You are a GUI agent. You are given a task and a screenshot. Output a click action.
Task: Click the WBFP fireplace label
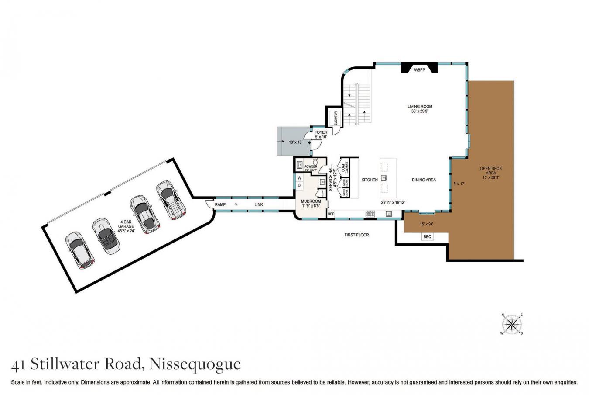(x=419, y=70)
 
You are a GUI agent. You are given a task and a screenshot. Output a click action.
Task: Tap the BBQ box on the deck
(x=427, y=236)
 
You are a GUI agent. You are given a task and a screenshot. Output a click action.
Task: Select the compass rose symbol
(x=512, y=324)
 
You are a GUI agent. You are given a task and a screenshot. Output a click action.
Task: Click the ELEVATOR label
(x=336, y=118)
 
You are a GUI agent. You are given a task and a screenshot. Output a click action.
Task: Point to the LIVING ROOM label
(x=420, y=107)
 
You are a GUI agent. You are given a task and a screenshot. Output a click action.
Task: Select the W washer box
(x=299, y=178)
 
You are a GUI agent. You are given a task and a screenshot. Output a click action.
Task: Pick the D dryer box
(x=299, y=186)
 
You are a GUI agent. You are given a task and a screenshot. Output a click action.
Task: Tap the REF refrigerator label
(x=331, y=214)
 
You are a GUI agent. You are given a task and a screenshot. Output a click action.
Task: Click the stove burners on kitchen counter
(x=370, y=214)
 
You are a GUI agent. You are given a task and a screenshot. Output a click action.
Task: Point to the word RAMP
(x=220, y=204)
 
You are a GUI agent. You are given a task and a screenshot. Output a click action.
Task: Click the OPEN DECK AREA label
(x=490, y=171)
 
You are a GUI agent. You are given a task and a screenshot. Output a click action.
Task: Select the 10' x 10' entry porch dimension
(x=295, y=142)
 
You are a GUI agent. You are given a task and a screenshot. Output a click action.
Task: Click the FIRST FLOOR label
(x=356, y=235)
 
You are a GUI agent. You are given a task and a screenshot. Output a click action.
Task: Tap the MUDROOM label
(x=311, y=201)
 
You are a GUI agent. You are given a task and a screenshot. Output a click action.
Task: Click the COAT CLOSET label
(x=345, y=168)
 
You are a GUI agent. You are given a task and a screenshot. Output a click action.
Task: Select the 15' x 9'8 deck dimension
(x=426, y=224)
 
